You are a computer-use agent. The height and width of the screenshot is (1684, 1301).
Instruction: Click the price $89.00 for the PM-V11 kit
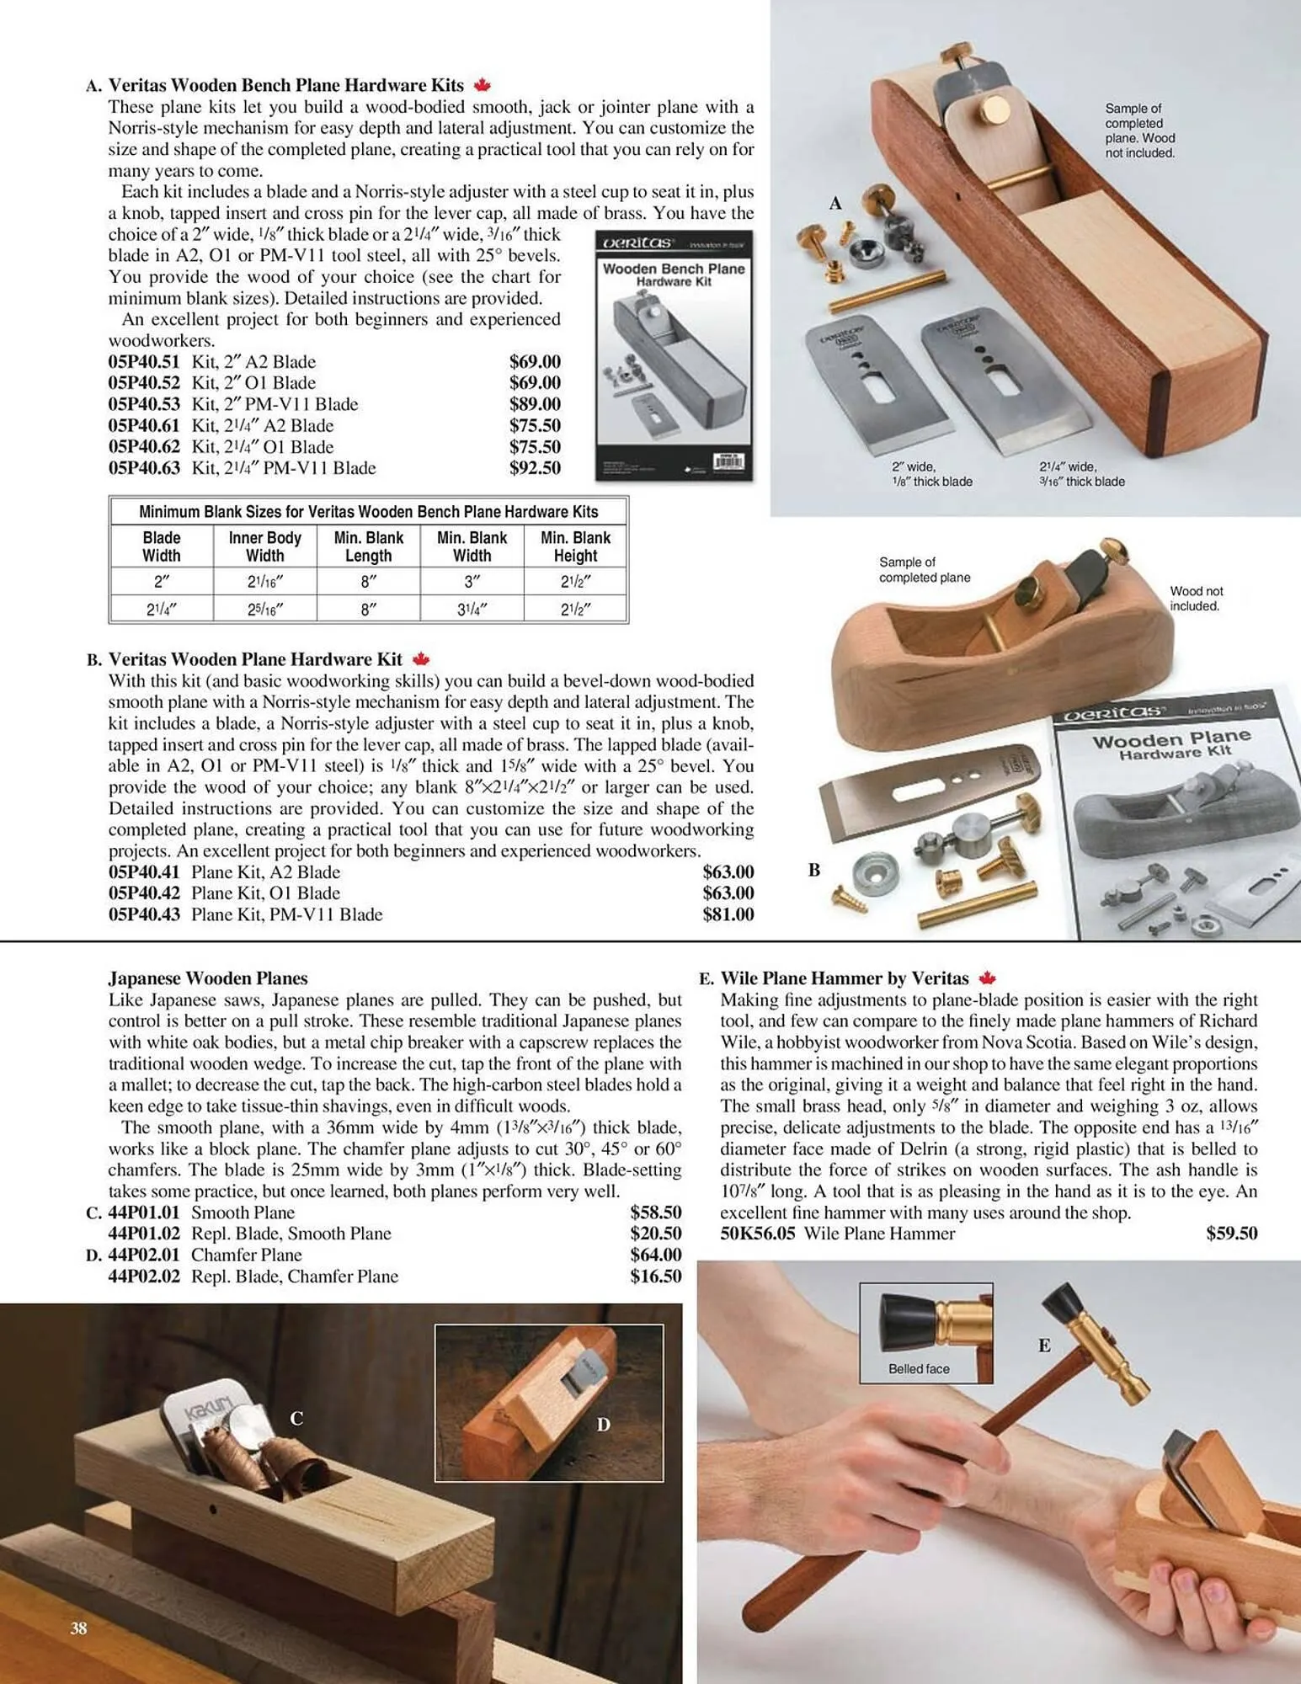point(535,404)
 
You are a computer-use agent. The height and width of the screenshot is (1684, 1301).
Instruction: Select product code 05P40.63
point(144,468)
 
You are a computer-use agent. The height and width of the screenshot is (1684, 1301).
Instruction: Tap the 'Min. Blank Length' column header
point(368,546)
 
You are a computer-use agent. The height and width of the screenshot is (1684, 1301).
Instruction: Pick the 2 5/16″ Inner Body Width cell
point(264,609)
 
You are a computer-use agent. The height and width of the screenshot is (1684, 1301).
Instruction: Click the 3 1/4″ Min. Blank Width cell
point(472,609)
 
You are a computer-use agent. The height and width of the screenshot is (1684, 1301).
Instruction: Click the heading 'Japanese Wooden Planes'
point(207,978)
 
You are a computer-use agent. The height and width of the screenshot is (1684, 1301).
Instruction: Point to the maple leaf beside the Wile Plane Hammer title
point(988,978)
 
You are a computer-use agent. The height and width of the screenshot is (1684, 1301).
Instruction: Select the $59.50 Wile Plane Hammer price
point(1231,1234)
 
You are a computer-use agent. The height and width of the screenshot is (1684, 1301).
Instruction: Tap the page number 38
point(78,1628)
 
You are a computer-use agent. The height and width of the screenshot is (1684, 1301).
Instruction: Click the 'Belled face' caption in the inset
point(919,1369)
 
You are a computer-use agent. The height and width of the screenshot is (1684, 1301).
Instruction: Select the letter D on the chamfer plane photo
point(603,1425)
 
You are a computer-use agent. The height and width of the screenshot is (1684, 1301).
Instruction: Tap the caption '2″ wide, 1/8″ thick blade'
point(931,474)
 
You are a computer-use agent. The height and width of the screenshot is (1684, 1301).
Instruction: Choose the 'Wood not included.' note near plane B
point(1196,599)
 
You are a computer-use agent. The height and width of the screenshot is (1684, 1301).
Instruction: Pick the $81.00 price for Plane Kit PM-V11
point(728,914)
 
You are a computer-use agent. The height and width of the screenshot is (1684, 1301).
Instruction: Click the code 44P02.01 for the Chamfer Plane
point(144,1255)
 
